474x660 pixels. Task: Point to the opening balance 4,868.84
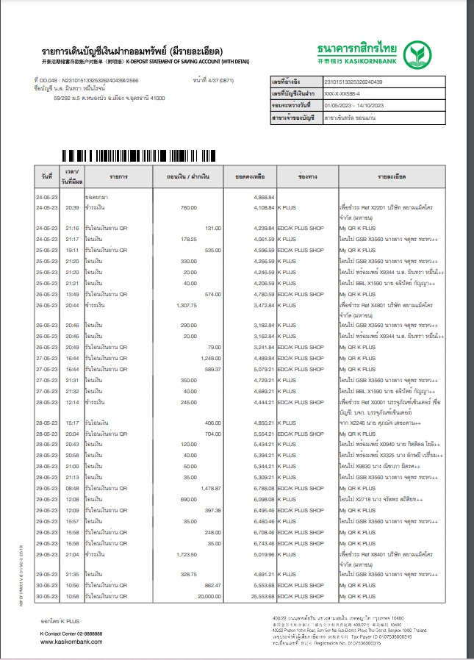(263, 198)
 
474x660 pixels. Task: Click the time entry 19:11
(72, 250)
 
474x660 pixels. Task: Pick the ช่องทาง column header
(306, 177)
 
